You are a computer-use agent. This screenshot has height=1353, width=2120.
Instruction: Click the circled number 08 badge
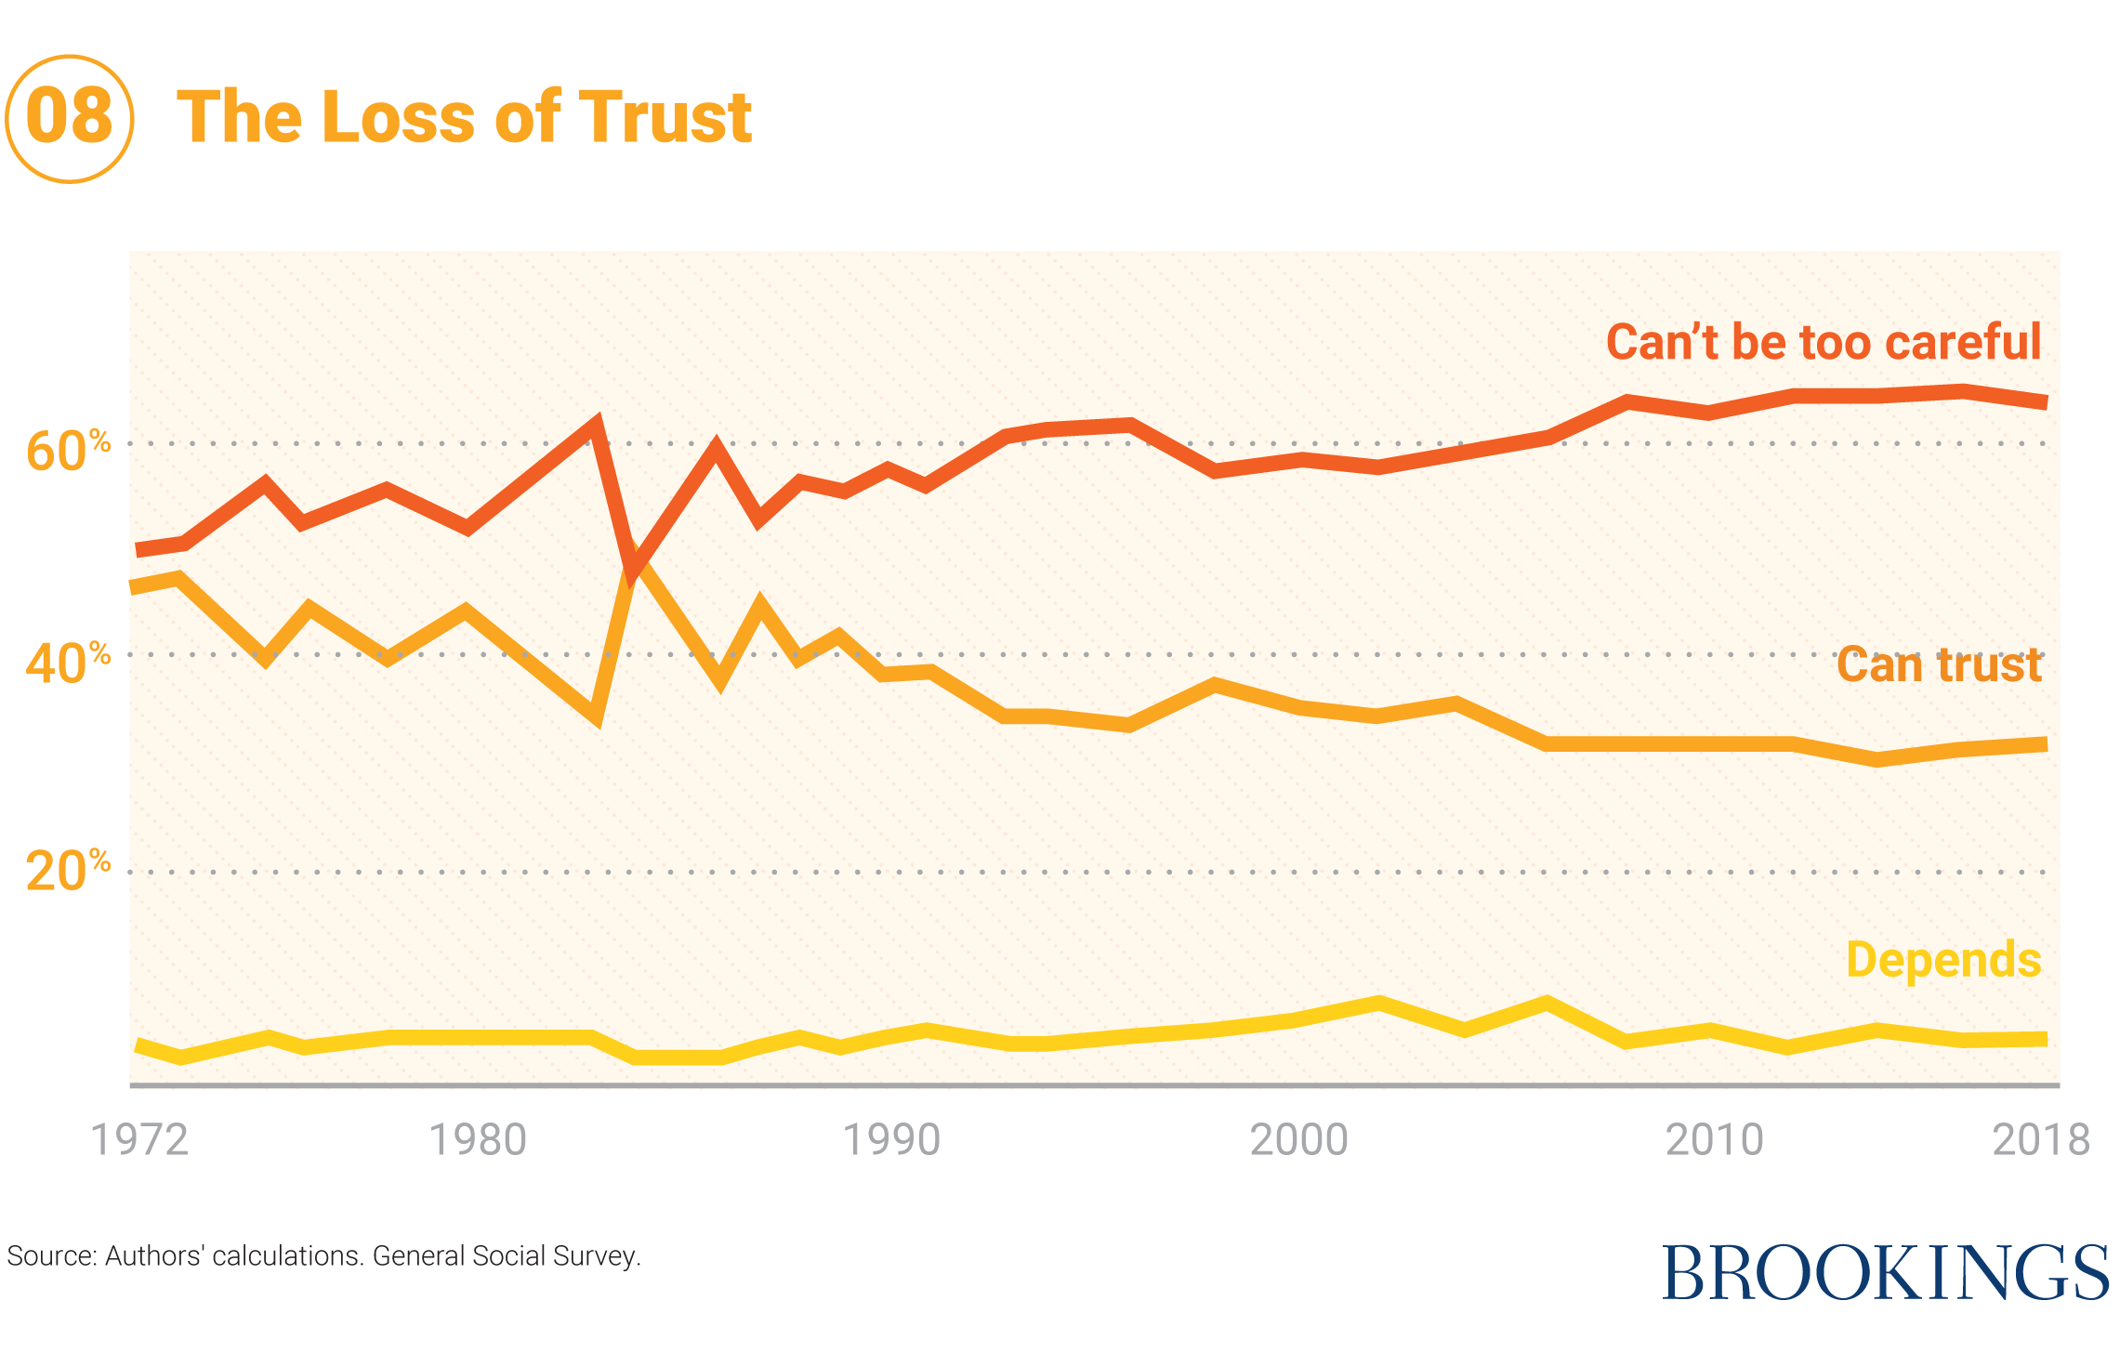pos(70,118)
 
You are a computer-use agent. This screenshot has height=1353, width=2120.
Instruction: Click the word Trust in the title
pos(665,118)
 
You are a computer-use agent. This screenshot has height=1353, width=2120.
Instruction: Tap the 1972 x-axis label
pos(139,1140)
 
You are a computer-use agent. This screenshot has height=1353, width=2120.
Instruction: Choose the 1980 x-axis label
pos(478,1140)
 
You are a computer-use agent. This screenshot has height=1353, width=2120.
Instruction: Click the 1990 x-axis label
pos(891,1140)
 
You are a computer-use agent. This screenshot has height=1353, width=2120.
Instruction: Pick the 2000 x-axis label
pos(1299,1140)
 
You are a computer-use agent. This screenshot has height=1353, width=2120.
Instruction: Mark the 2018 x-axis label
pos(2041,1140)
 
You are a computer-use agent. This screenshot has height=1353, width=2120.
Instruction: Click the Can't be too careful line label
pos(1824,342)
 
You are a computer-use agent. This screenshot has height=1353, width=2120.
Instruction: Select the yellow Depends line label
pos(1943,960)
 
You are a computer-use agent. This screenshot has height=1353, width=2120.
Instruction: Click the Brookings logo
pos(1885,1272)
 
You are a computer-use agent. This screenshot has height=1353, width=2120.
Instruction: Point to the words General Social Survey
pos(507,1256)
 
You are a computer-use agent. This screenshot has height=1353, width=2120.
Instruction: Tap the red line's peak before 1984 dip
pos(596,423)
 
